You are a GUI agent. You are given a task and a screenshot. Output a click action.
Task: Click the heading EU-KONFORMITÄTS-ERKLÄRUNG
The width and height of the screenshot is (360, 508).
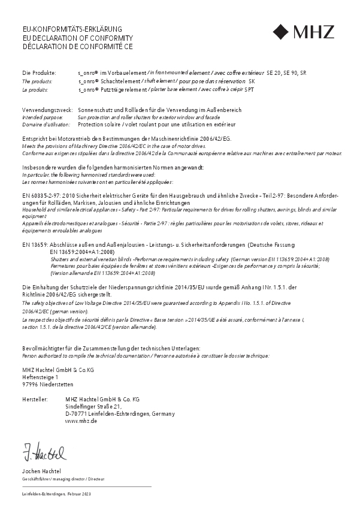coord(72,29)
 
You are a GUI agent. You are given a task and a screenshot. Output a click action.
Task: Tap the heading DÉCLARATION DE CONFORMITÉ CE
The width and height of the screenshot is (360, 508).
coord(77,46)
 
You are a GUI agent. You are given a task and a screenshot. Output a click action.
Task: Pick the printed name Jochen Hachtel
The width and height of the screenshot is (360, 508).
coord(41,471)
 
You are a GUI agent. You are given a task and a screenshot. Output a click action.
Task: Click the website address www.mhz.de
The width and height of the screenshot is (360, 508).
coord(81,421)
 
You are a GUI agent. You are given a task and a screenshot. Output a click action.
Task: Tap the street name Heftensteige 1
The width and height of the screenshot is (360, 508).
coord(40,377)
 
